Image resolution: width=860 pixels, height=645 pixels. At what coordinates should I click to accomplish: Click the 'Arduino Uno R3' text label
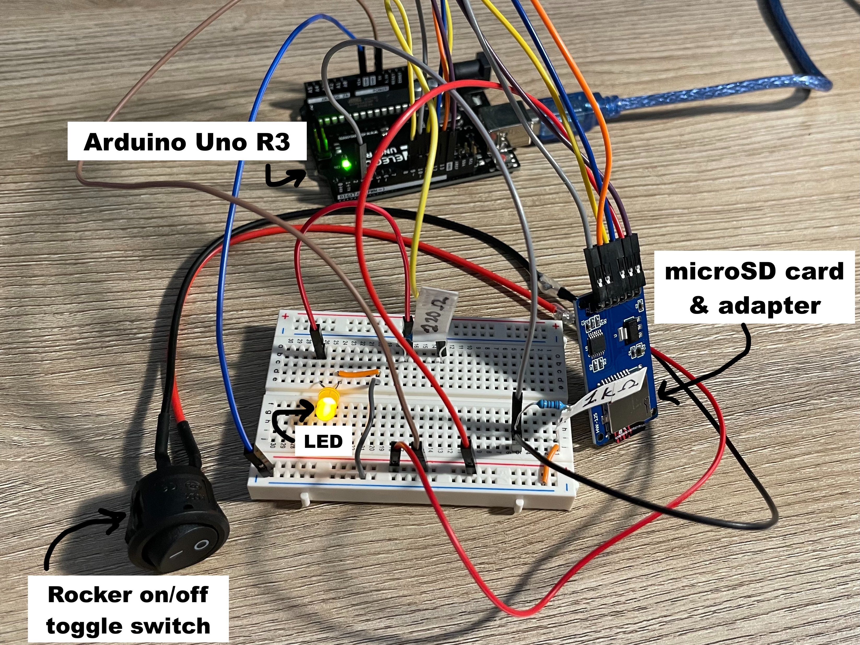tap(187, 142)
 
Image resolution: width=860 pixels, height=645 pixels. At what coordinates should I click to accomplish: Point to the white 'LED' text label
tap(323, 442)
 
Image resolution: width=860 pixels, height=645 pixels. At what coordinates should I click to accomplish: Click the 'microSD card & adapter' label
tap(754, 288)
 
